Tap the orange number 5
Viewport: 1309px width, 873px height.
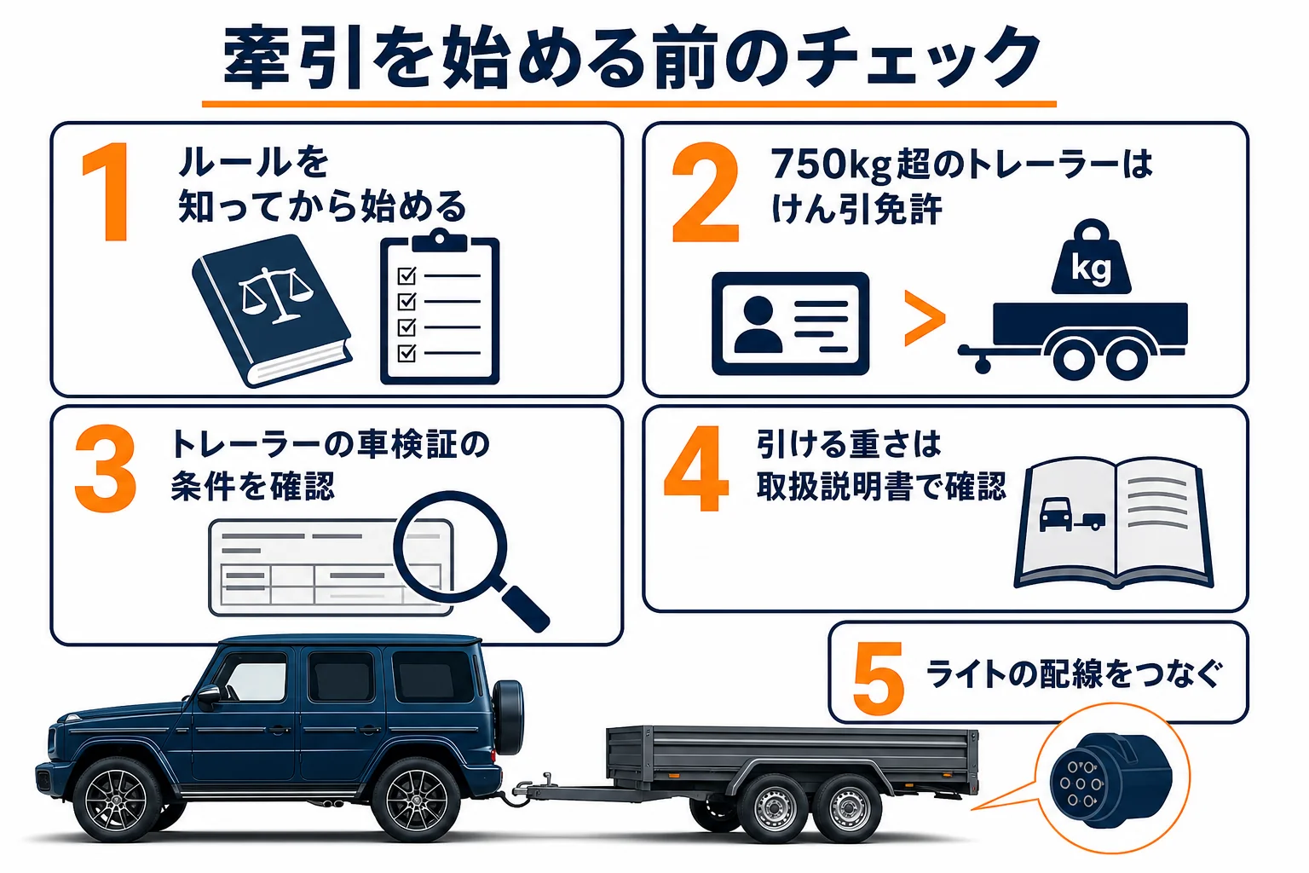[x=879, y=679]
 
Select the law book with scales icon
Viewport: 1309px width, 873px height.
[x=273, y=310]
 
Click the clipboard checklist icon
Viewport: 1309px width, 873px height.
[x=440, y=306]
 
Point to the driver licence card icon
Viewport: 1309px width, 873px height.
[x=790, y=323]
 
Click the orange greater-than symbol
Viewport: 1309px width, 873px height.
[x=924, y=319]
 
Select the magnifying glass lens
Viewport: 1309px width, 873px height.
[x=450, y=546]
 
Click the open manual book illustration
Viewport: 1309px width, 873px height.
[x=1114, y=522]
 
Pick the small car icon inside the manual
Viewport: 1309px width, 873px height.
[x=1055, y=514]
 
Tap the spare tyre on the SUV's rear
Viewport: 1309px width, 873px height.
[x=508, y=717]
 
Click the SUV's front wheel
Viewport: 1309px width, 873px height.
[x=115, y=800]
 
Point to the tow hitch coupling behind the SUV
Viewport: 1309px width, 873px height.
[x=529, y=789]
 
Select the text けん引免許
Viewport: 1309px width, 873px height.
[x=856, y=209]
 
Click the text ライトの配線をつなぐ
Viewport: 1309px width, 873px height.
[x=1073, y=674]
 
